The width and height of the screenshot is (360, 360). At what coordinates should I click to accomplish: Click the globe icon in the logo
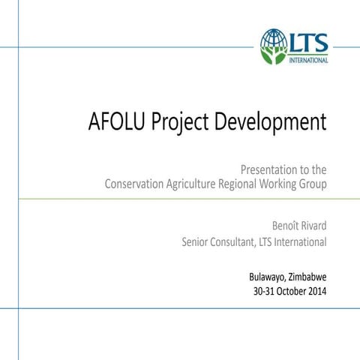pyautogui.click(x=274, y=43)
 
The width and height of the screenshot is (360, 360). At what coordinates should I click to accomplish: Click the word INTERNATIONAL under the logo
pyautogui.click(x=308, y=60)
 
